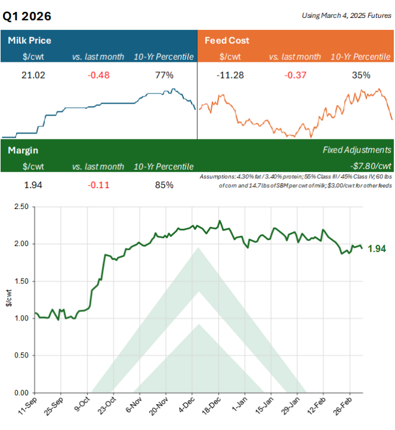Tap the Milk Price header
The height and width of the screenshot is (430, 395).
29,41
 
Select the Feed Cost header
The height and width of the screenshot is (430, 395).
227,41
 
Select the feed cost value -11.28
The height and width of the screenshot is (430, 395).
227,75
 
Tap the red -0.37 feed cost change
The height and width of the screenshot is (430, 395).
294,75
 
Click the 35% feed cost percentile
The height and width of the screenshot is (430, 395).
361,75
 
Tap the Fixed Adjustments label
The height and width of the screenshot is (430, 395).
357,150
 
